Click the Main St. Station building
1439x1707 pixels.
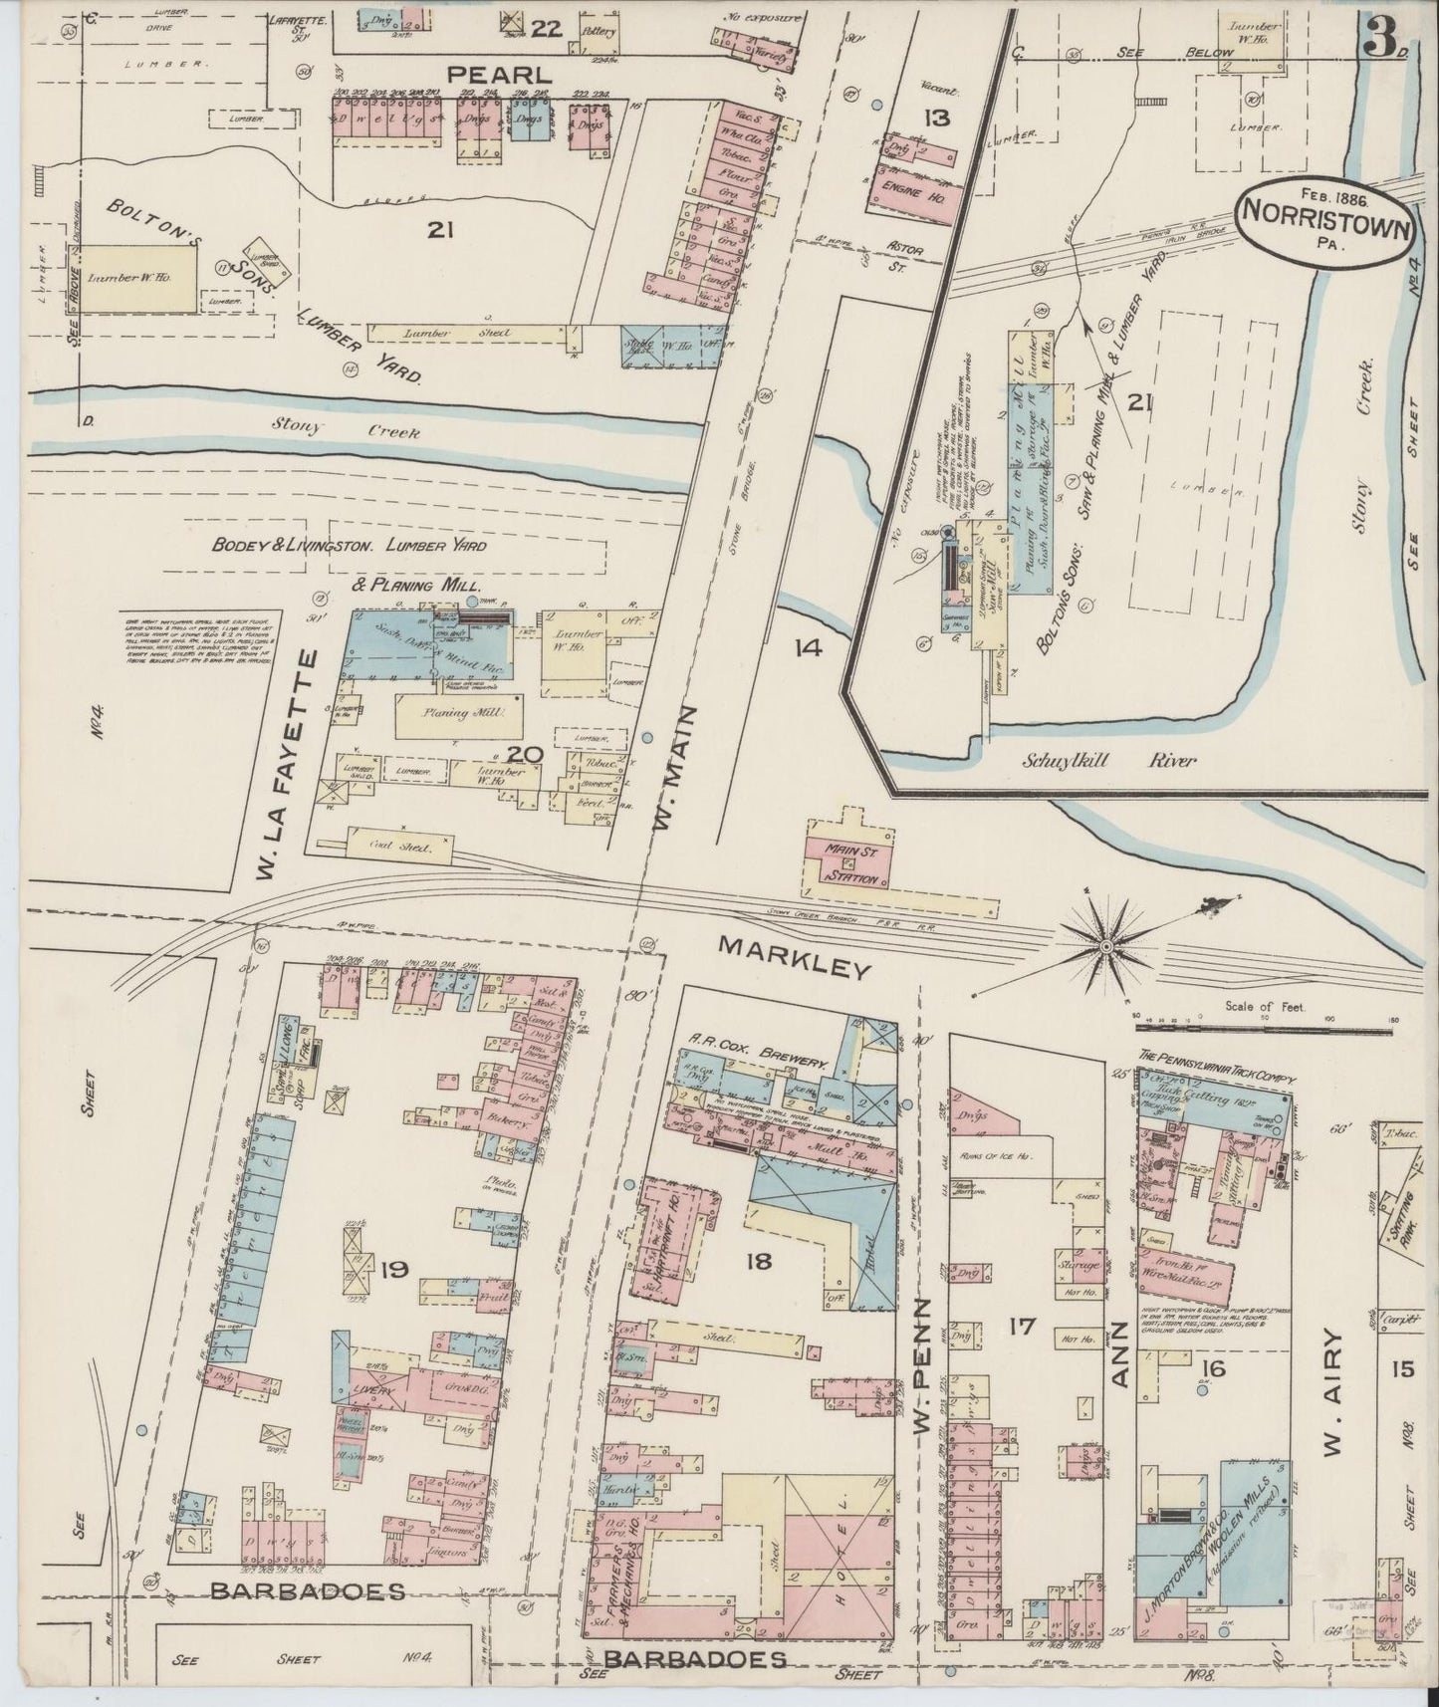coord(850,863)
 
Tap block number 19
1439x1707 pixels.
coord(395,1269)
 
